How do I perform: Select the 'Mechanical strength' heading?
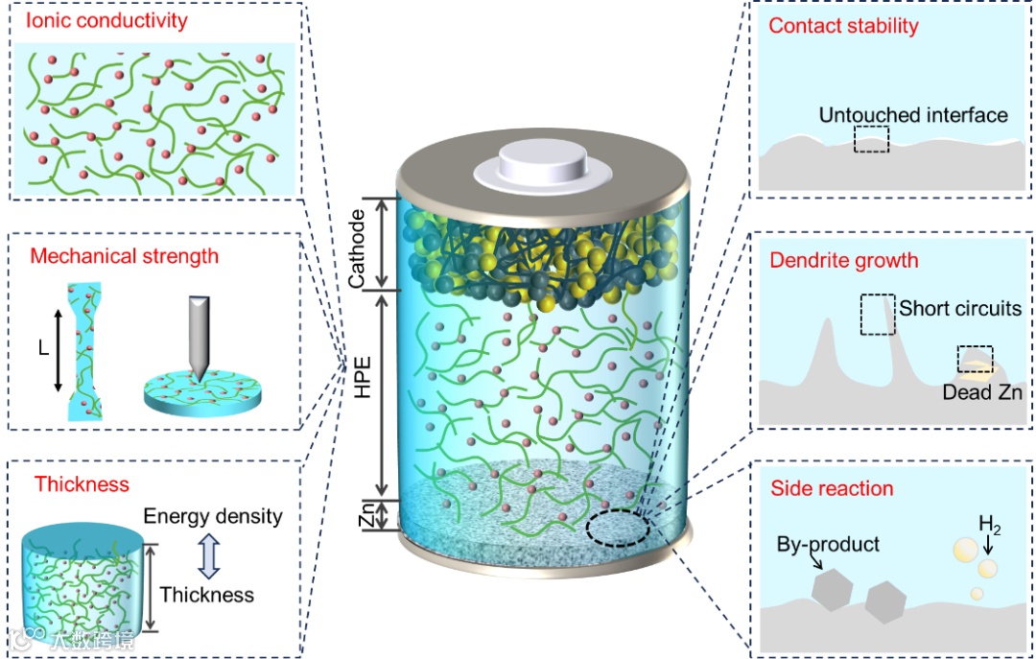(124, 256)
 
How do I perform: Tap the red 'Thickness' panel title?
(82, 483)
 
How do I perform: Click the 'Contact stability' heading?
(843, 26)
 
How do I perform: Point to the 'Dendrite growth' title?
(844, 260)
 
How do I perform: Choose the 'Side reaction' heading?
(832, 488)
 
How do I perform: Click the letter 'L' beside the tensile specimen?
(43, 349)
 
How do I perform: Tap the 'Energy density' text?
(213, 516)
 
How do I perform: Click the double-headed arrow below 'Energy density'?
(211, 555)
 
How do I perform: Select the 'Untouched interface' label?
(912, 115)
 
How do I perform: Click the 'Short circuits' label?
(959, 309)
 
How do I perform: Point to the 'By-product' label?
(828, 544)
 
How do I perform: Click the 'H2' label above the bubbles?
(989, 524)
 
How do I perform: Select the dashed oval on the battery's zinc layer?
(618, 529)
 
